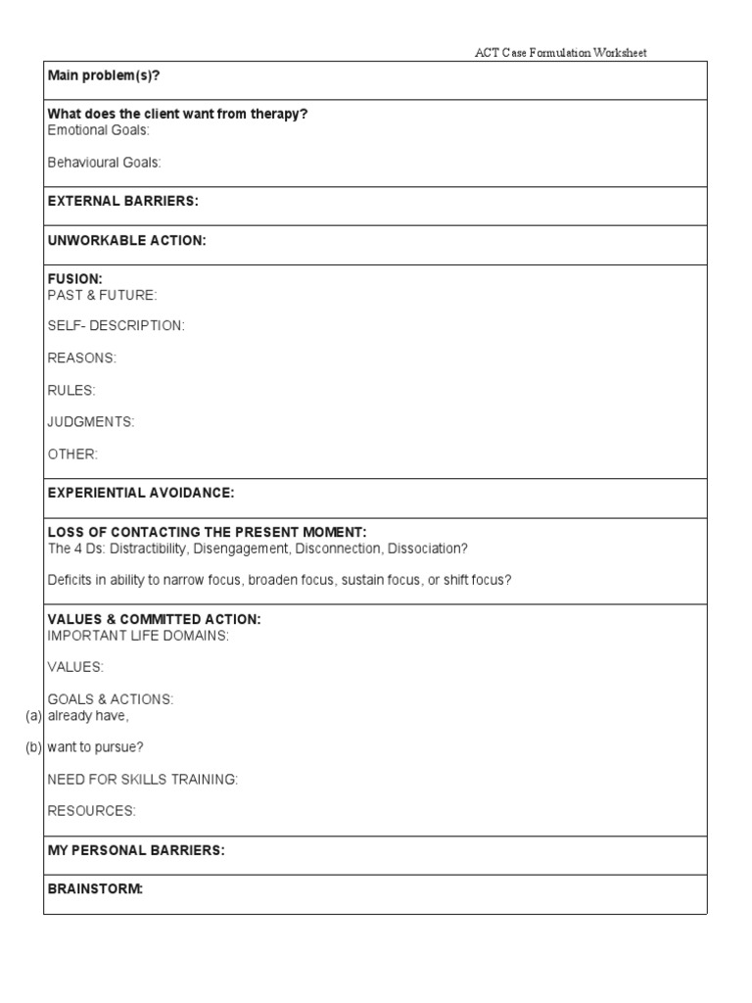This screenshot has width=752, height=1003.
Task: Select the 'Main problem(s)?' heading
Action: pos(104,75)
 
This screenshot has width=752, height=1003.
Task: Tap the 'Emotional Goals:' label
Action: pos(99,130)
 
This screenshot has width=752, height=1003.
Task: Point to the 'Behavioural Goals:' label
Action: pos(104,163)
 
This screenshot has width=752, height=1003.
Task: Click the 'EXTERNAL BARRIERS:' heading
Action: pos(122,201)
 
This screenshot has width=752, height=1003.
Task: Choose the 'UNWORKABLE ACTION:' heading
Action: pos(126,240)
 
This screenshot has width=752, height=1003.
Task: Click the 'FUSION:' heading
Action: pos(75,279)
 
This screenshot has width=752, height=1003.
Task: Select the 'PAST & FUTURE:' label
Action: pos(102,295)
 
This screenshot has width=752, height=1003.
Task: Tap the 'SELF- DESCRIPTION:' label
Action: pos(116,326)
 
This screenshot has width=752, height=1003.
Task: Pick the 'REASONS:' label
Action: pos(81,358)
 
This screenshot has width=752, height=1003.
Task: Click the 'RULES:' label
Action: pos(71,391)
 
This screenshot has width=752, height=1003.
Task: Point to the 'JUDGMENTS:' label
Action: pos(91,422)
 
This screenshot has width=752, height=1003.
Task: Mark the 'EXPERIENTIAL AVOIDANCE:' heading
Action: pos(141,493)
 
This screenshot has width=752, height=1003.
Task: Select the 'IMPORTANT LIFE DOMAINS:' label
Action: pos(138,636)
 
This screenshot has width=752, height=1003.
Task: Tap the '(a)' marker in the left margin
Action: pos(33,716)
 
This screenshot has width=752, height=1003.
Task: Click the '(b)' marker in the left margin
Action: pos(33,748)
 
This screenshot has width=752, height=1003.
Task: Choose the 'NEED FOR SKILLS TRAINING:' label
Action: pos(143,780)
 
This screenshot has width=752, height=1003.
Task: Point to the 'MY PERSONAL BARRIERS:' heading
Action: pos(136,850)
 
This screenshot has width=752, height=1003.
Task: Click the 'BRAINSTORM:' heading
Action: pos(95,889)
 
